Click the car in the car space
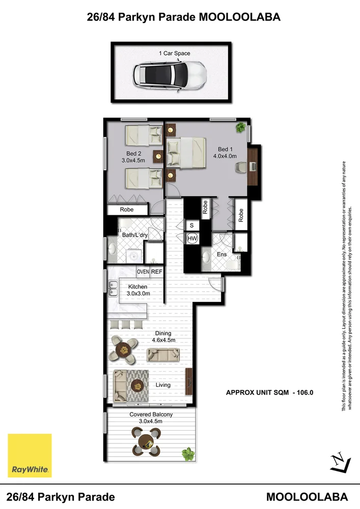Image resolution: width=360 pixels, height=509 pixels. click(169, 75)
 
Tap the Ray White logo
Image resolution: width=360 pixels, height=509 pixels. click(30, 456)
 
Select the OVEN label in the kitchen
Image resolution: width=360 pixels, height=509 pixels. click(143, 272)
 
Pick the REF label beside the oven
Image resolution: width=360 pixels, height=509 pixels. click(156, 272)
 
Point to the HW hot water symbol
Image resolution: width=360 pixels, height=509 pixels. click(192, 238)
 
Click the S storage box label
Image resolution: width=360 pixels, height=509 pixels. click(192, 225)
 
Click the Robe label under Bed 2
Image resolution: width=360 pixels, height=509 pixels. click(126, 209)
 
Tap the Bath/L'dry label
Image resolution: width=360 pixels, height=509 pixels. click(134, 235)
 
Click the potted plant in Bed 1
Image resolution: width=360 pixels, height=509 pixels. click(239, 127)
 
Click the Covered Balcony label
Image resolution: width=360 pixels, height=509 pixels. click(151, 414)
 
